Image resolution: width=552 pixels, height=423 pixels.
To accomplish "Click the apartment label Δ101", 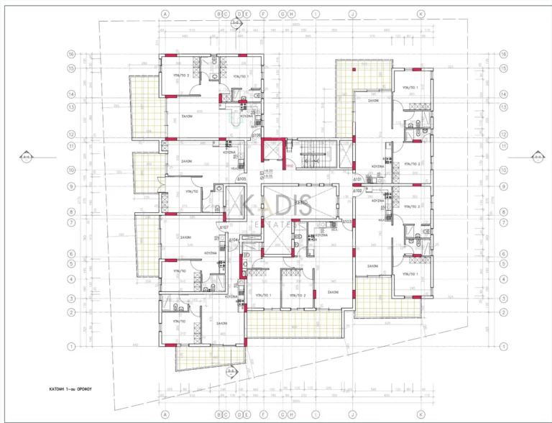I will (x=357, y=180).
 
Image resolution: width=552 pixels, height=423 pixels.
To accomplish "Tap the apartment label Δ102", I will (x=357, y=191).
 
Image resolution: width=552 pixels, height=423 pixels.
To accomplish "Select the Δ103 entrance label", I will (x=347, y=222).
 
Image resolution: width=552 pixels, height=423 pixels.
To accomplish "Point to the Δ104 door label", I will (x=233, y=238).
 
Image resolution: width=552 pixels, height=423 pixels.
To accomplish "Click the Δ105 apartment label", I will (x=242, y=178).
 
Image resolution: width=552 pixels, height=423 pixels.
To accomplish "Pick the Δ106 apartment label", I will (x=256, y=135).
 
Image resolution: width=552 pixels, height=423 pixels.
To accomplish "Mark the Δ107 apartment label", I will (x=224, y=227).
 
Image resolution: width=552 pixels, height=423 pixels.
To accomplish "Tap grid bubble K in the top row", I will (x=421, y=14).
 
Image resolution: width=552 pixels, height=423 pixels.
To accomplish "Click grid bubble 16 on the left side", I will (x=72, y=54).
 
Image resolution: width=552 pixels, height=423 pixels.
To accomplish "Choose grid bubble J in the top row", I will (x=352, y=14).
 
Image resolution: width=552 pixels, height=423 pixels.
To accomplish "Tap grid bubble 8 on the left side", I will (x=72, y=211).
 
